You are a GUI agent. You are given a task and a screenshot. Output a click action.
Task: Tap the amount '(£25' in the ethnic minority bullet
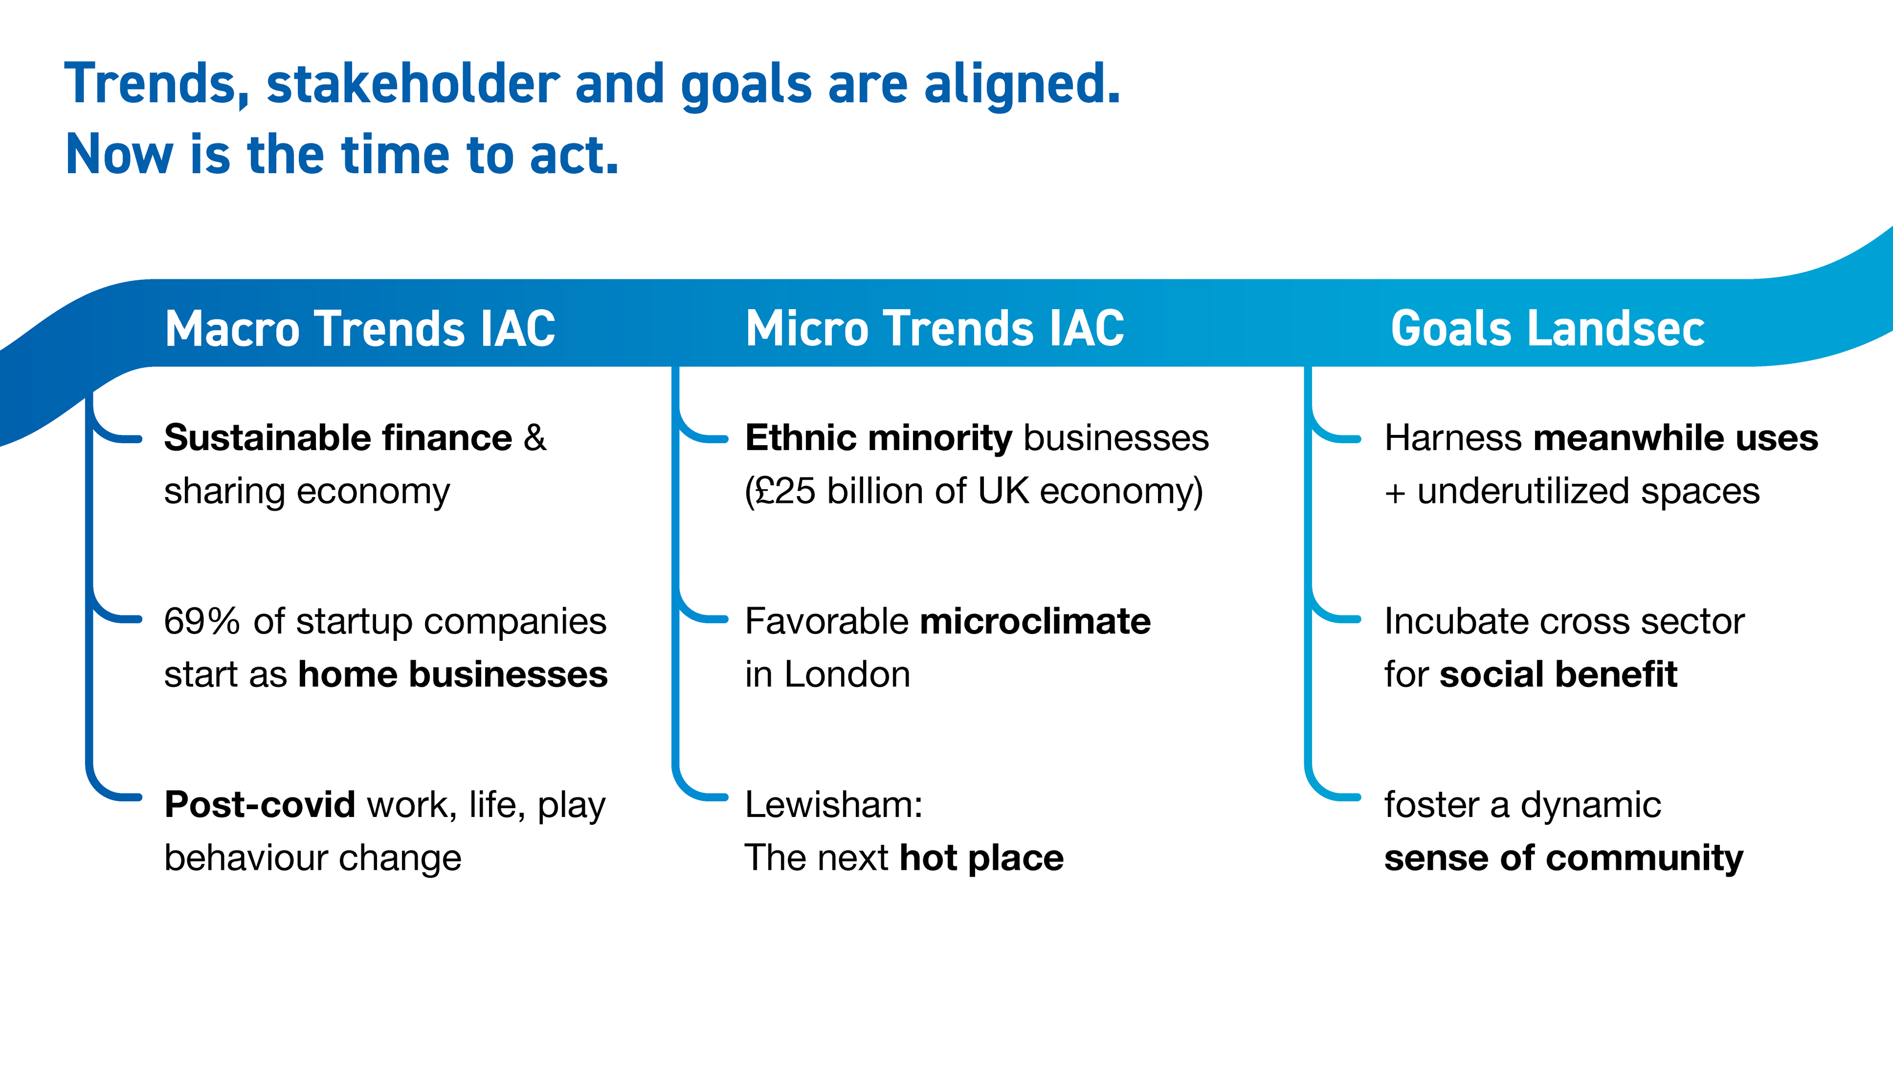[780, 491]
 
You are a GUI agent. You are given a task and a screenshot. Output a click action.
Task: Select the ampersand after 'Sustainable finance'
[535, 438]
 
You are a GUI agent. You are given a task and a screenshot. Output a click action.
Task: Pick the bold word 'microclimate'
[1035, 621]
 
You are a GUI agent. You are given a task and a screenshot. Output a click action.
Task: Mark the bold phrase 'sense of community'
[1564, 858]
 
